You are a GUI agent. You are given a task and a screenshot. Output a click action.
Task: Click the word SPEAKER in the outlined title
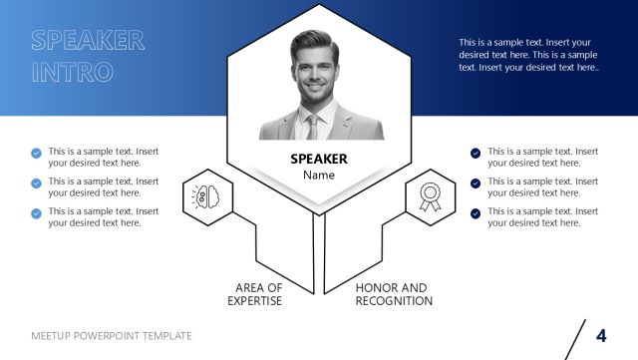88,41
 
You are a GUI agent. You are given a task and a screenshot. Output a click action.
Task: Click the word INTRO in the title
72,73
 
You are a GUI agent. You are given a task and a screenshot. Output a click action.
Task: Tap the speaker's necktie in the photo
312,127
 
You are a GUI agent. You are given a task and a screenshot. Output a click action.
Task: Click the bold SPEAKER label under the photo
319,159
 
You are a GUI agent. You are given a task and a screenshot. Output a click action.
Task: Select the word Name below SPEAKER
319,176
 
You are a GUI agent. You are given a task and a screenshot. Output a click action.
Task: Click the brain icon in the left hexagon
207,195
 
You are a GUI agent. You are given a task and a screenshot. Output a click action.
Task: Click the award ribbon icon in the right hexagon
431,195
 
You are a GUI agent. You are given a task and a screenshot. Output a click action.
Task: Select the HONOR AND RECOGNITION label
394,294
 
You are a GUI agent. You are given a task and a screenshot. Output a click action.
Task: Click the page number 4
601,335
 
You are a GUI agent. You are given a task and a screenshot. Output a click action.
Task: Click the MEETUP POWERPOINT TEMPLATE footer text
112,336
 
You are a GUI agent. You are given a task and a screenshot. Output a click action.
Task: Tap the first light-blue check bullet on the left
37,154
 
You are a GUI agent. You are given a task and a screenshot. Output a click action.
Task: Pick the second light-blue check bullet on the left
37,183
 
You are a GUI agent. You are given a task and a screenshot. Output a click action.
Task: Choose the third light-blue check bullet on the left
37,213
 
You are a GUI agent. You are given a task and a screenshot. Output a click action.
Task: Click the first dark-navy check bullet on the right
476,154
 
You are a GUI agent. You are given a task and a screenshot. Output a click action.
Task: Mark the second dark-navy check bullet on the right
476,183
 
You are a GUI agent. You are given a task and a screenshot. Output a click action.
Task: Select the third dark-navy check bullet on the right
476,213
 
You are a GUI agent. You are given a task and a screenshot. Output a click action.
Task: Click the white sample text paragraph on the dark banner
528,54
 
